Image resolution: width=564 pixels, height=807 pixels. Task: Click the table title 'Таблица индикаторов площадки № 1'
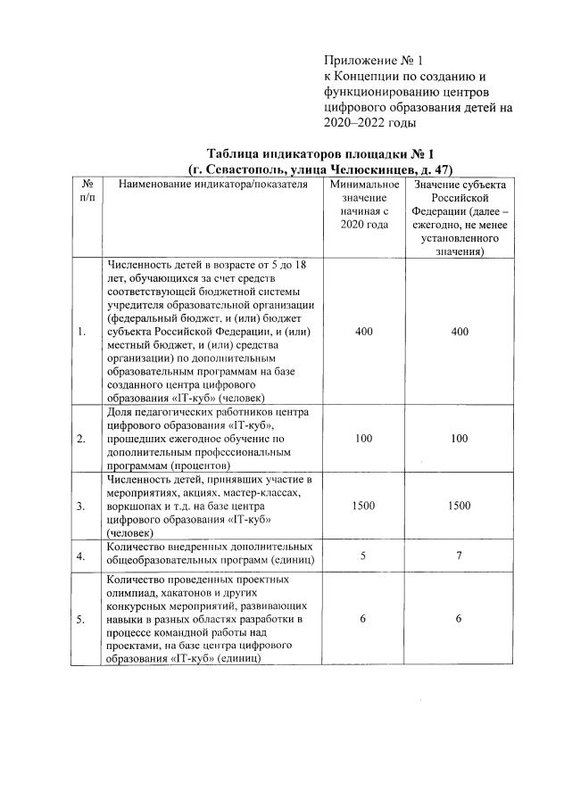point(319,152)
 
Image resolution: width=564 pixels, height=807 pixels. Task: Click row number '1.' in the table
point(82,332)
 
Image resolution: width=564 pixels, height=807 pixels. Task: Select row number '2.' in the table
point(82,439)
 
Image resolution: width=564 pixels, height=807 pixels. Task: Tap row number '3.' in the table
point(82,506)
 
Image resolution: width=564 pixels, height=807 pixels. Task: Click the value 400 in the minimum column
point(364,332)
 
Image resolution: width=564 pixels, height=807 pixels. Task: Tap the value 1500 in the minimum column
point(364,506)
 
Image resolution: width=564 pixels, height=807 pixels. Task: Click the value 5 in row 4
point(364,554)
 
